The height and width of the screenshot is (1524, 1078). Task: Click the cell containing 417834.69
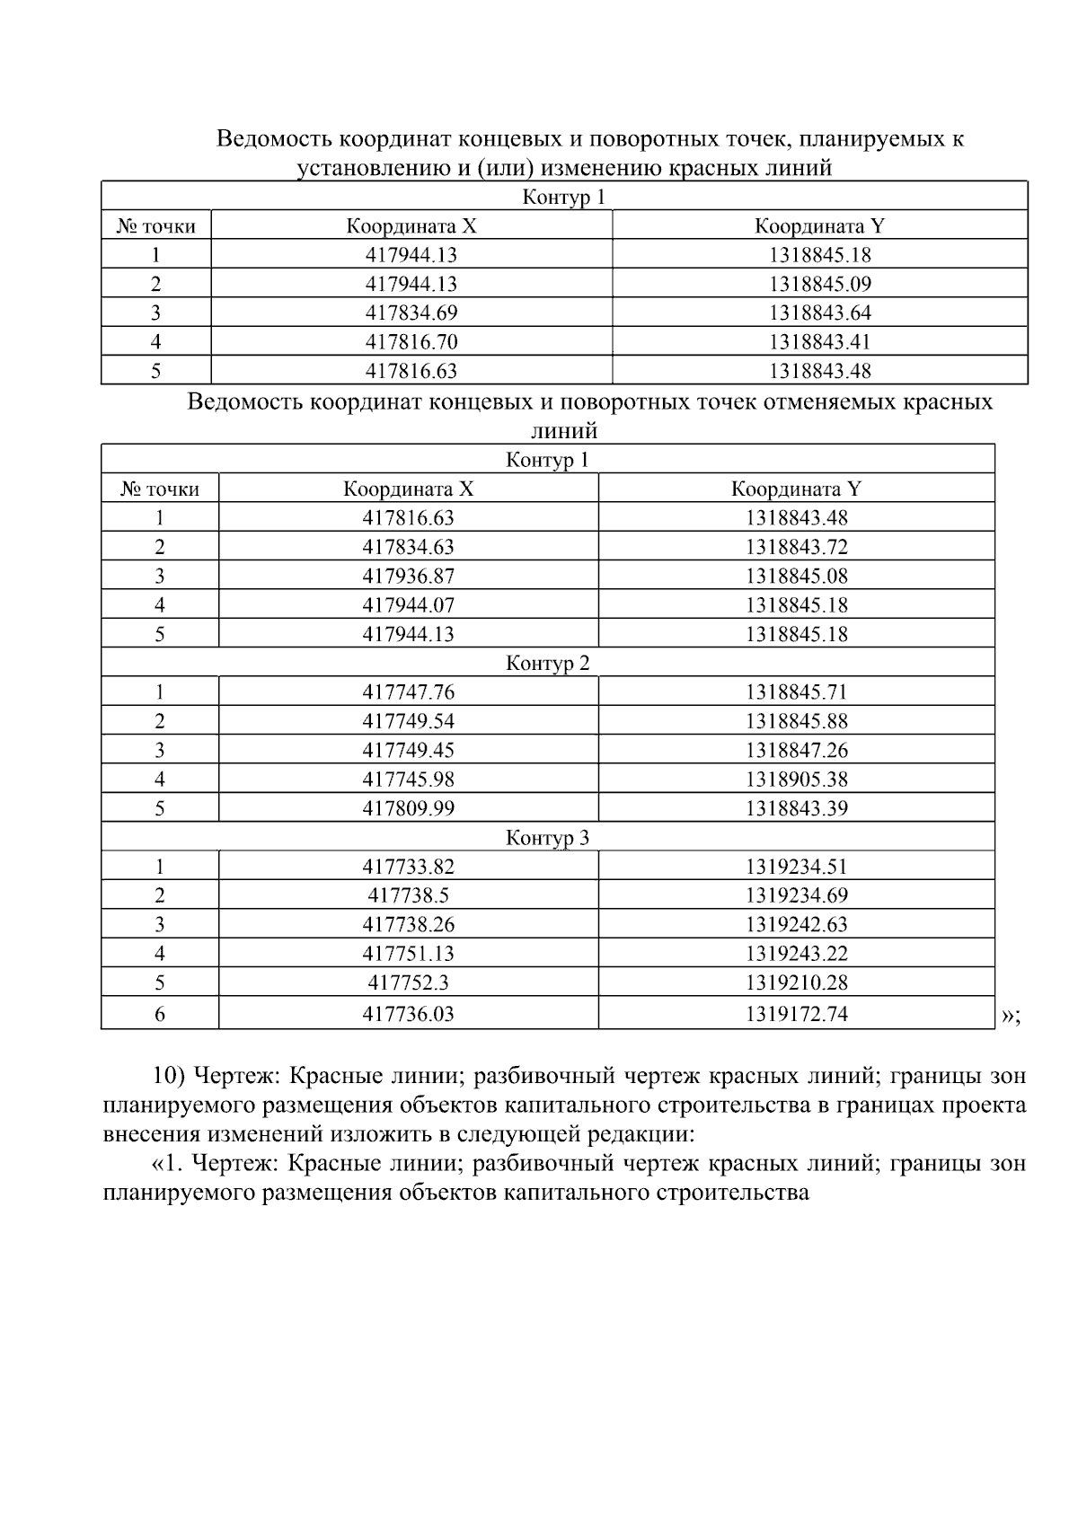coord(411,313)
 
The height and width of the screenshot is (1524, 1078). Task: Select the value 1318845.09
coord(819,284)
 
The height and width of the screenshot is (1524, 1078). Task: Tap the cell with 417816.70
coord(411,341)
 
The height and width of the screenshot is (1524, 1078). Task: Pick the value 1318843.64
coord(819,313)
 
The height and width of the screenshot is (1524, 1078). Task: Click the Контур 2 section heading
coord(547,664)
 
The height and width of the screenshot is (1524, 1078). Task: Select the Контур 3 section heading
coord(547,838)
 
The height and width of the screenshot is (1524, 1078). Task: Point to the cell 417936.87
coord(408,576)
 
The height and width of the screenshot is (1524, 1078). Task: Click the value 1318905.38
coord(796,779)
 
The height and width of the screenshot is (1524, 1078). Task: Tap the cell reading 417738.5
coord(408,895)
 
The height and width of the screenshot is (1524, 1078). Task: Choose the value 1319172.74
coord(796,1014)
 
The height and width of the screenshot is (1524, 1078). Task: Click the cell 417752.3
coord(408,982)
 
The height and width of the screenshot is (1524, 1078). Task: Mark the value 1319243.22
coord(796,953)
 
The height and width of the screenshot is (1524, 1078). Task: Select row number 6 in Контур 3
coord(160,1014)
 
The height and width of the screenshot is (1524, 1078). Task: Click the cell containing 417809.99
coord(408,808)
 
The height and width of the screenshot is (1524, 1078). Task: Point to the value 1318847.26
coord(796,750)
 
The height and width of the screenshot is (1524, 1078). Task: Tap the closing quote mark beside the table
coord(1010,1016)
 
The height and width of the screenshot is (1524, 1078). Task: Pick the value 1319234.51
coord(796,867)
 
